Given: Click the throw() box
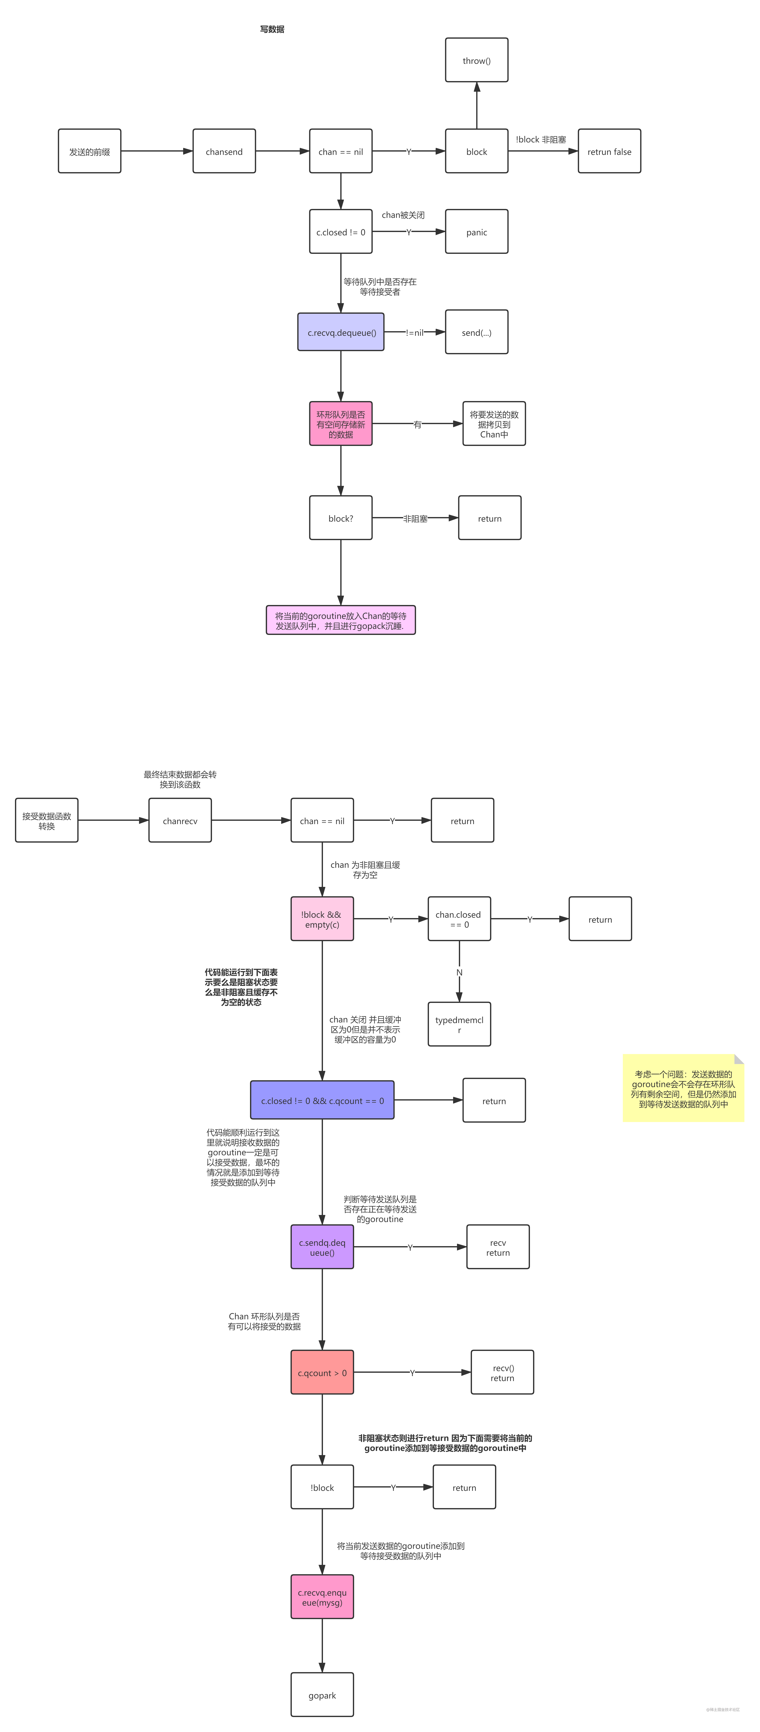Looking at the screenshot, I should (x=476, y=60).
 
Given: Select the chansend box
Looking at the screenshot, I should (x=224, y=151).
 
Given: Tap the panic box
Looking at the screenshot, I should (x=476, y=232).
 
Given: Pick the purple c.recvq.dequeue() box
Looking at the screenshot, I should (x=341, y=332).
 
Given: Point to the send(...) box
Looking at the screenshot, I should (x=476, y=332).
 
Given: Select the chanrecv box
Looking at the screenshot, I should (x=180, y=820).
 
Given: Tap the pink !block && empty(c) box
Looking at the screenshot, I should (x=322, y=919).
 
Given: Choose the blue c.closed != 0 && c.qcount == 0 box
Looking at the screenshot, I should (x=322, y=1100).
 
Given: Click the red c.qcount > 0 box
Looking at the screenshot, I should (x=322, y=1372).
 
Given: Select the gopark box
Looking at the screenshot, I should (x=322, y=1695).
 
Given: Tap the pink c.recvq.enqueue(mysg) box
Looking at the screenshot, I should (x=322, y=1597).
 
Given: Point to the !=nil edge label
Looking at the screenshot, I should (x=415, y=332).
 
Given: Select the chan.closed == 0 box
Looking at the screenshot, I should (x=459, y=919).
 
